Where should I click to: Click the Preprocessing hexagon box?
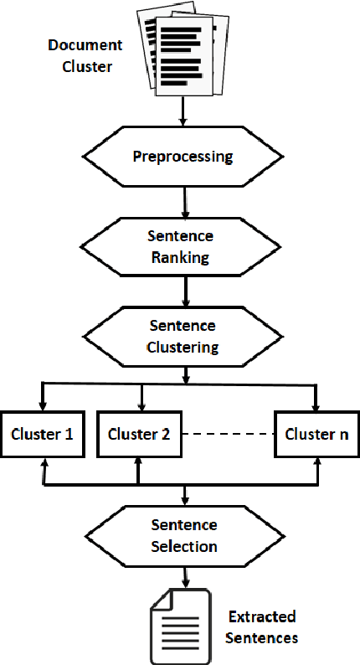183,157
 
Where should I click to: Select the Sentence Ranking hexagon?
183,248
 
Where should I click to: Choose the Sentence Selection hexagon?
183,536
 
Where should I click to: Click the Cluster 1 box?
42,435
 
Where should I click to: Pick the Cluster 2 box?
138,435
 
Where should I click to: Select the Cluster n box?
316,435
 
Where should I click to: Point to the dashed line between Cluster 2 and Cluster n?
227,435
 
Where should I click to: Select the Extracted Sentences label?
261,627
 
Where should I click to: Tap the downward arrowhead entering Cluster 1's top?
42,406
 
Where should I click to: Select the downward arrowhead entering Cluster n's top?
316,406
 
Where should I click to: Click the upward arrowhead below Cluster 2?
138,463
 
